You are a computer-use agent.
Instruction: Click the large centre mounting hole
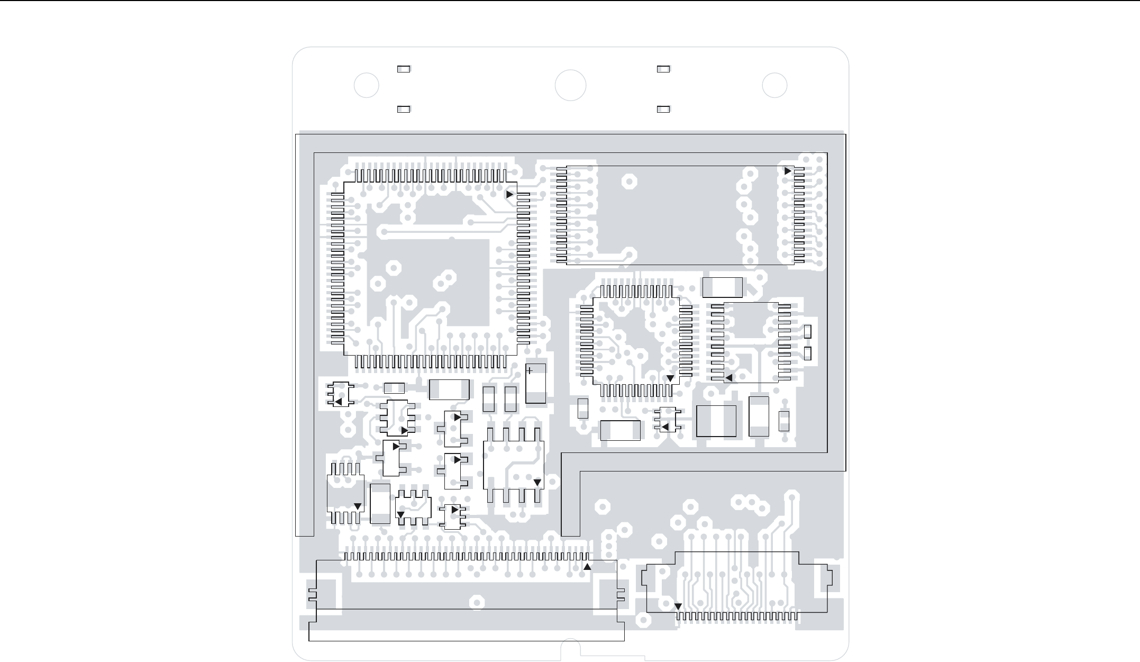coord(570,85)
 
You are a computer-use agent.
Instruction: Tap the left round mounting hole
coord(366,85)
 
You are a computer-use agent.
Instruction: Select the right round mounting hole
coord(774,85)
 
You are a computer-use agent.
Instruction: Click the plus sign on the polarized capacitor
coord(530,371)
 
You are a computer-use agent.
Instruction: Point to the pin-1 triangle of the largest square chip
coord(509,195)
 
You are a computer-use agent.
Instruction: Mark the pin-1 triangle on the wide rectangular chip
coord(788,171)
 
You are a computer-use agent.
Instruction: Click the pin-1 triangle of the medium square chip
coord(670,378)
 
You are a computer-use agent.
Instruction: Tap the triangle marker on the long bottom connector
coord(587,567)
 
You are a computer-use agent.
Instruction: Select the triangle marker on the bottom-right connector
coord(678,606)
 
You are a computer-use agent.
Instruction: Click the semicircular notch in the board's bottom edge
coord(570,649)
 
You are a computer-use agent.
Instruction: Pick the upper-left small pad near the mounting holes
coord(404,69)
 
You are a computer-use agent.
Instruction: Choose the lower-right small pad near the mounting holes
coord(663,109)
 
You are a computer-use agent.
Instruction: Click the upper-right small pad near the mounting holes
coord(663,69)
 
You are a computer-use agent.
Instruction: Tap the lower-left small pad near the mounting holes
coord(404,109)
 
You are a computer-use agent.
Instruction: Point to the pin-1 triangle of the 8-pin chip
coord(537,483)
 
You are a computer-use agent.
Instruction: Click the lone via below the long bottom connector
coord(477,603)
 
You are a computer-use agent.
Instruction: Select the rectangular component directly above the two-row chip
coord(722,287)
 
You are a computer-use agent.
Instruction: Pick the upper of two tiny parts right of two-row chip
coord(808,332)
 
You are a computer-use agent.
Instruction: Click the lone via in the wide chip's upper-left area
coord(629,182)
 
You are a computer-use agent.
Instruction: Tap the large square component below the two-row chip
coord(716,421)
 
